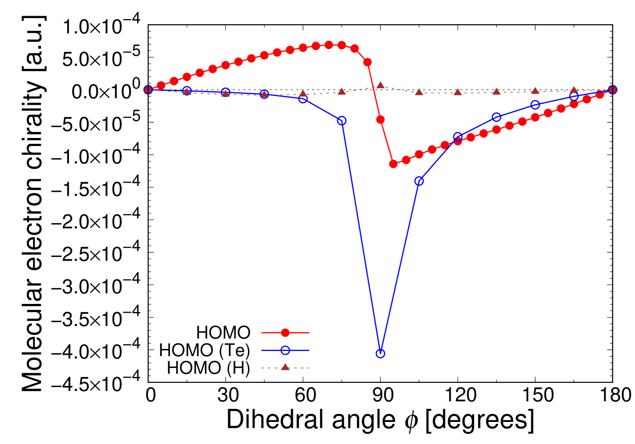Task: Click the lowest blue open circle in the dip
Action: (380, 354)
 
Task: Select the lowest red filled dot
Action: (393, 164)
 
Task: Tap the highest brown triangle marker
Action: (380, 85)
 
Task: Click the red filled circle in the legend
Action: (285, 333)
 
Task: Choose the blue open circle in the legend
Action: (285, 351)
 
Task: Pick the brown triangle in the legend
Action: (285, 367)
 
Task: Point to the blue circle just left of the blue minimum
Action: (341, 121)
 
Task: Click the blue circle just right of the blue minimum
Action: (419, 181)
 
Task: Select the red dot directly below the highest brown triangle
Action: (380, 119)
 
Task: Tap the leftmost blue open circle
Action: (148, 90)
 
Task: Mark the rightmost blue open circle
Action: (612, 90)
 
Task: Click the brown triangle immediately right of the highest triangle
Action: (419, 92)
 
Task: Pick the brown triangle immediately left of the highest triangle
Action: (341, 91)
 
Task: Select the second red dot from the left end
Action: (161, 85)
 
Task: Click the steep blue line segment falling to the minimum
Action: (361, 237)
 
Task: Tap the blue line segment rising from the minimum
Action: (399, 267)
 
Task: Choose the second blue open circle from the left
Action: (187, 91)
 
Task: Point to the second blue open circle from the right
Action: (574, 97)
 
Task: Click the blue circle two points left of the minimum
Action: (303, 99)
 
